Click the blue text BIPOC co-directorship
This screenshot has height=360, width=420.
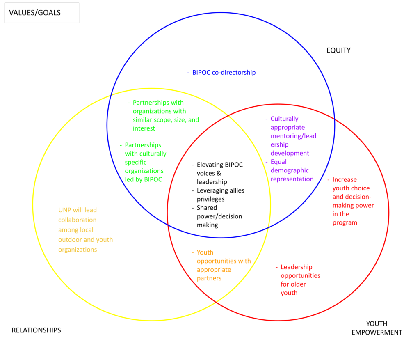point(224,73)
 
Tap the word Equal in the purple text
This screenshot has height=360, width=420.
point(279,162)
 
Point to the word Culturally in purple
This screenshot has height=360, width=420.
point(285,119)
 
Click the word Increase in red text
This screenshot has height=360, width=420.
point(345,179)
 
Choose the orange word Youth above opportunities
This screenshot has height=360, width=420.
point(205,252)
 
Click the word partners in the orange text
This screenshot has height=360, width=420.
point(209,278)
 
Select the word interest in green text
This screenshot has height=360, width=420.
point(144,128)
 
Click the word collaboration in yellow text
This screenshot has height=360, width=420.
point(78,220)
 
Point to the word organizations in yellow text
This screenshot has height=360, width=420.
point(78,250)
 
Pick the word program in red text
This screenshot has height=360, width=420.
point(345,223)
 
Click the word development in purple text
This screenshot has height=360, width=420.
point(290,153)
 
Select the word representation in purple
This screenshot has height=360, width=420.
point(292,179)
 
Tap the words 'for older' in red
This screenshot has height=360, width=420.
point(293,284)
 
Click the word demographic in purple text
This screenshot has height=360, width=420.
point(290,170)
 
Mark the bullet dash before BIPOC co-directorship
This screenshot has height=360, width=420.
point(188,73)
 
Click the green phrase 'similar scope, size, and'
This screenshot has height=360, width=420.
point(166,120)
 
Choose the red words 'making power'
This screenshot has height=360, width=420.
point(353,206)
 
